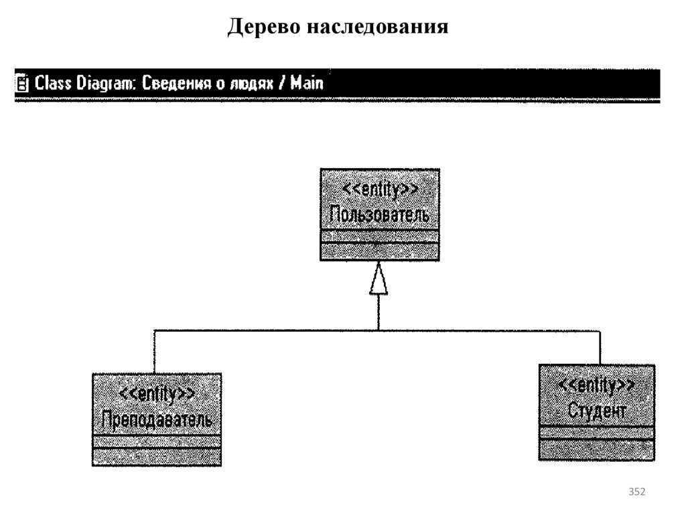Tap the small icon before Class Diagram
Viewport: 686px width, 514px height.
click(x=23, y=84)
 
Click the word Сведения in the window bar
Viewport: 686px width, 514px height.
click(x=174, y=84)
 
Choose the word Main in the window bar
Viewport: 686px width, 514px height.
click(x=308, y=84)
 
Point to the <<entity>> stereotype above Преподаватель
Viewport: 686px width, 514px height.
click(x=157, y=393)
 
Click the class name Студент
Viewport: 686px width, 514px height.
click(x=597, y=410)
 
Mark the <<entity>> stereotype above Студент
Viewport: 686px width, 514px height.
click(x=597, y=385)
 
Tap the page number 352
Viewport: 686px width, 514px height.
click(x=636, y=493)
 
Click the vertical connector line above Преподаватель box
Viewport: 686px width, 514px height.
click(x=154, y=352)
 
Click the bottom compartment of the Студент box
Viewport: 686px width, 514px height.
click(x=597, y=450)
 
